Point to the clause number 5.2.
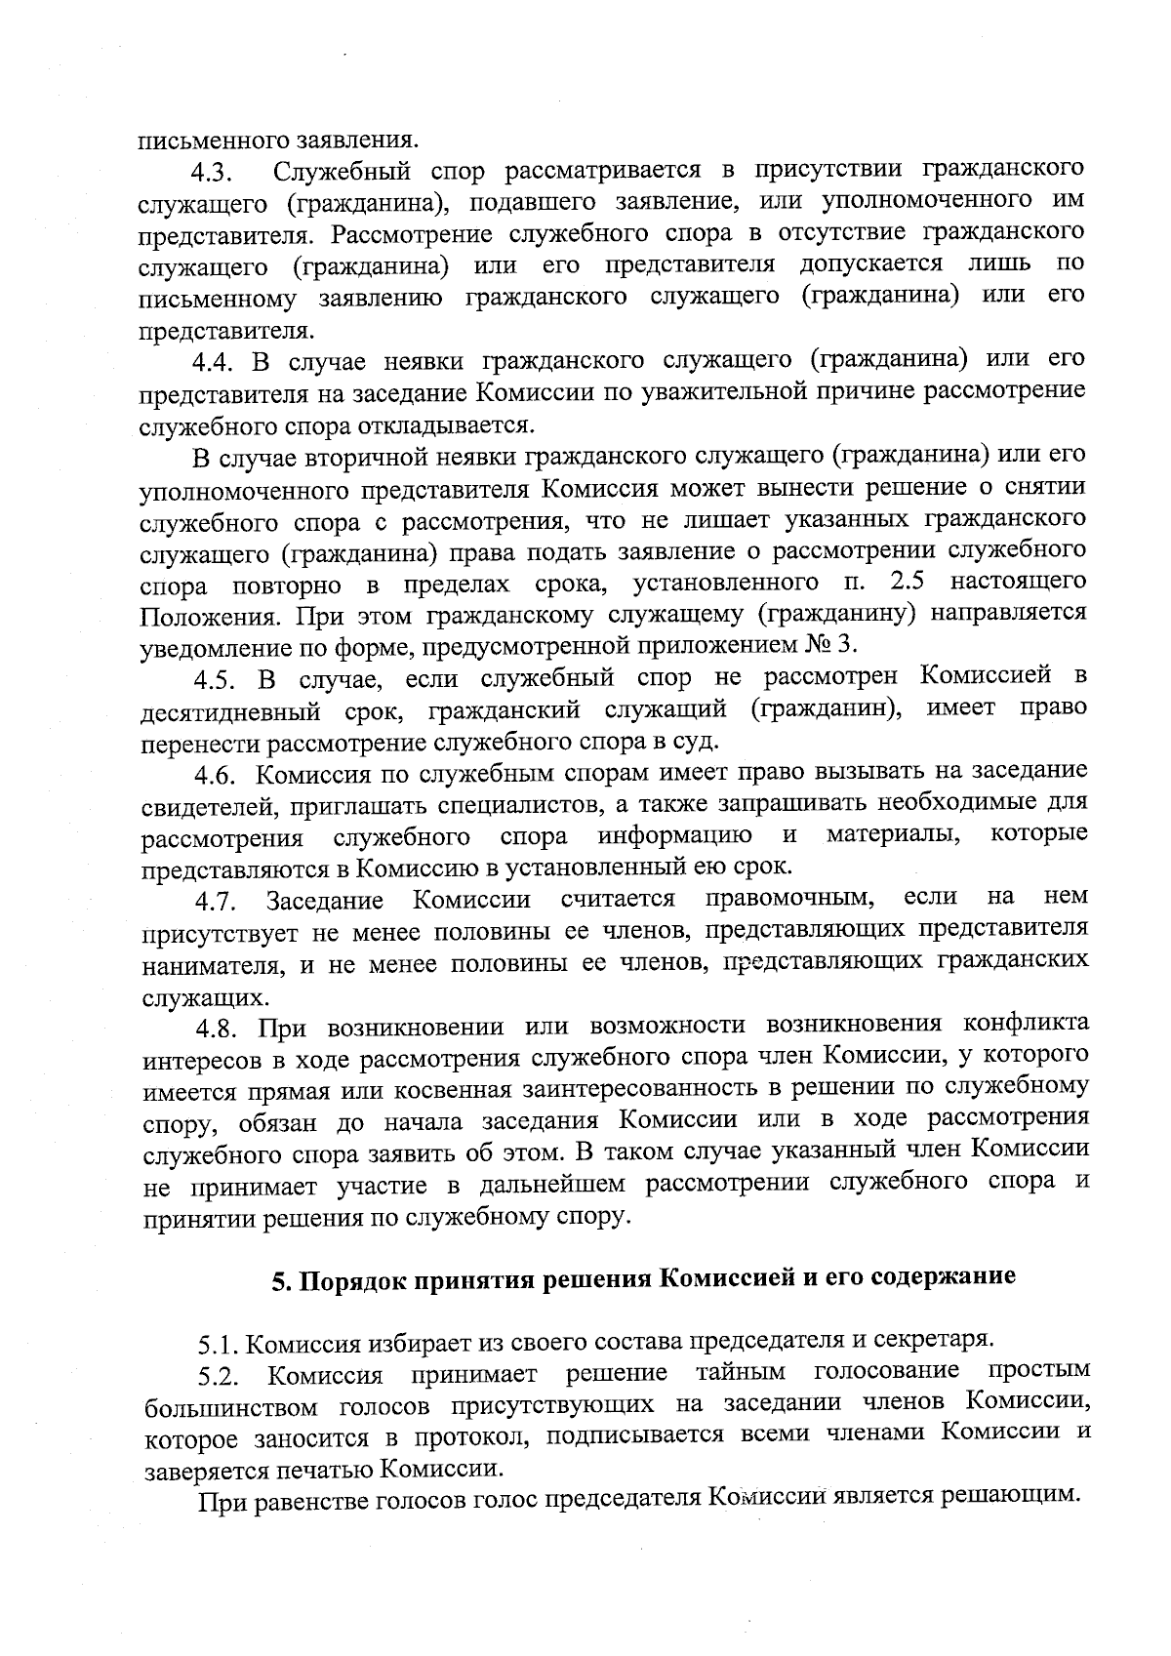(219, 1377)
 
